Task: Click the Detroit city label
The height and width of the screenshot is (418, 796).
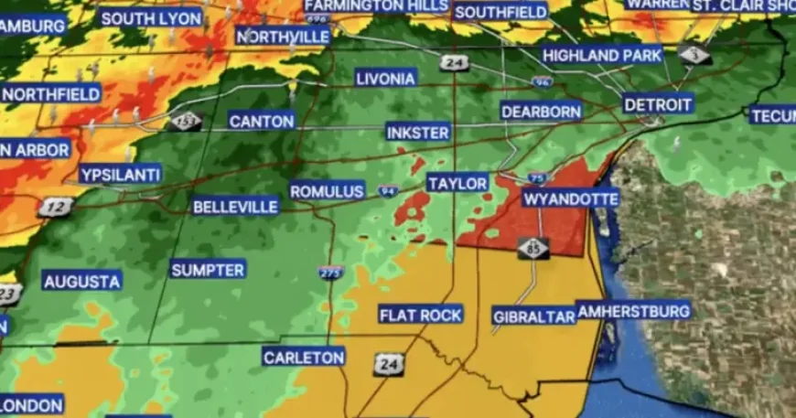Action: (x=658, y=104)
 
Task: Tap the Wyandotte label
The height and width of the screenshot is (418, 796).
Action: (x=571, y=198)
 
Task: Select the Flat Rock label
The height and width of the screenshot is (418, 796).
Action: (x=421, y=315)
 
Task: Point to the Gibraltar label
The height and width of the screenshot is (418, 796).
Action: (x=534, y=316)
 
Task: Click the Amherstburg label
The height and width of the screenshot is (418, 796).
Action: (x=634, y=311)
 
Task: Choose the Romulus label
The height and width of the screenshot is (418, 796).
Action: (x=328, y=191)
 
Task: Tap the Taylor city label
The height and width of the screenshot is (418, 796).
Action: (x=457, y=184)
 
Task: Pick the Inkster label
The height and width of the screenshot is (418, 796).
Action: (x=418, y=133)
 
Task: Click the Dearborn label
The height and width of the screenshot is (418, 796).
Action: (x=542, y=112)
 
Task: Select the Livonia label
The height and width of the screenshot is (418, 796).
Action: (x=385, y=78)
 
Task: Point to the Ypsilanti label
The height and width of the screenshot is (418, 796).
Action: (x=120, y=174)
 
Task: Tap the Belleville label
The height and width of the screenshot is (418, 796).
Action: (x=235, y=207)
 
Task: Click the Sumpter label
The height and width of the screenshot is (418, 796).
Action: (x=208, y=270)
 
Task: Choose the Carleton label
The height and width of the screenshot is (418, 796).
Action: (x=304, y=357)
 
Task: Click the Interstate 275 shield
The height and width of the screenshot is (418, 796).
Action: (x=330, y=272)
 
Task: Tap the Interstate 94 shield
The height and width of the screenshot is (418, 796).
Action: (x=386, y=191)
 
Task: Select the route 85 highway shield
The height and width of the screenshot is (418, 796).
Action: (x=533, y=247)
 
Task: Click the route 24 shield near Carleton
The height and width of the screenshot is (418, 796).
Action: (x=388, y=364)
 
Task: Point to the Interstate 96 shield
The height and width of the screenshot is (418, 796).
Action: (x=542, y=82)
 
